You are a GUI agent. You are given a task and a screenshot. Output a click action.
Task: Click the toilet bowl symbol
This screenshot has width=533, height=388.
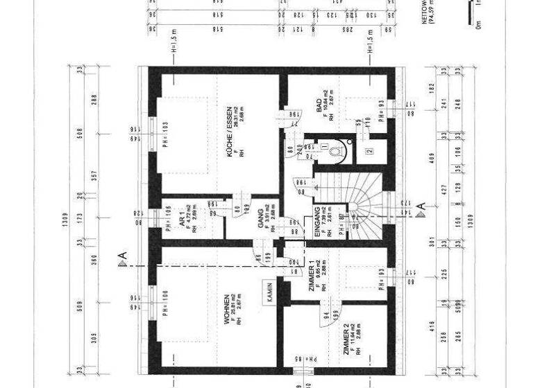[336, 150]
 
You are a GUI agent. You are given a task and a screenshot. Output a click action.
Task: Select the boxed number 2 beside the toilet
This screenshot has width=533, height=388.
[370, 150]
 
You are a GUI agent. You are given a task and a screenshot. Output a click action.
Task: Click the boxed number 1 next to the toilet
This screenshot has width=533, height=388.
[324, 146]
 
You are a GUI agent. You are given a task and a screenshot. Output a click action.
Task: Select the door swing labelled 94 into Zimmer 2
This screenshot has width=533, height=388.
[326, 315]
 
